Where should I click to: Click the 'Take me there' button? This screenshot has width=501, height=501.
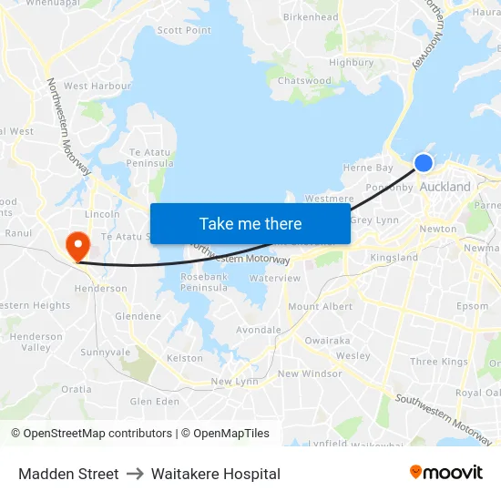click(x=250, y=223)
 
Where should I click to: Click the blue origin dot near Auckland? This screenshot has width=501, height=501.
click(x=424, y=163)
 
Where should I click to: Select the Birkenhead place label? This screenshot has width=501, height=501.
click(x=311, y=17)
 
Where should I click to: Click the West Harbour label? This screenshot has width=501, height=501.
click(x=97, y=87)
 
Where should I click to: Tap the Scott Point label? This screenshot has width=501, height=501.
click(x=184, y=30)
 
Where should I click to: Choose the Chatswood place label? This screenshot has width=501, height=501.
click(x=304, y=81)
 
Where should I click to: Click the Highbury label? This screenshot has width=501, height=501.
click(x=352, y=63)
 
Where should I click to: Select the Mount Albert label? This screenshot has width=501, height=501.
click(x=320, y=307)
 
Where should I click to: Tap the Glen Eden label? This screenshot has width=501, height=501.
click(x=155, y=401)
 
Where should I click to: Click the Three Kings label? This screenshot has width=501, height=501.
click(x=439, y=362)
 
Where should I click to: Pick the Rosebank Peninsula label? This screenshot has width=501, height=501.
click(x=204, y=281)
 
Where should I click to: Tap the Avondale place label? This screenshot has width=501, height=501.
click(x=259, y=330)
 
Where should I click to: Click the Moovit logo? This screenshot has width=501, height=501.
click(x=446, y=472)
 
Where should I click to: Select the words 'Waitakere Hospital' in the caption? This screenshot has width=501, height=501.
click(x=216, y=474)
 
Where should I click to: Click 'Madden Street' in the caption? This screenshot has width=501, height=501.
click(x=68, y=474)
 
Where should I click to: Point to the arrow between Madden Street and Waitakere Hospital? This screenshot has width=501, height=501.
click(x=135, y=474)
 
